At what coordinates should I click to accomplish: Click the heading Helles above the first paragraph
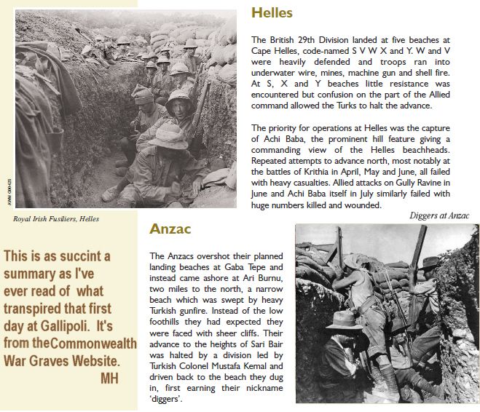tap(272, 12)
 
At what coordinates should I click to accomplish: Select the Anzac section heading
tap(170, 229)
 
